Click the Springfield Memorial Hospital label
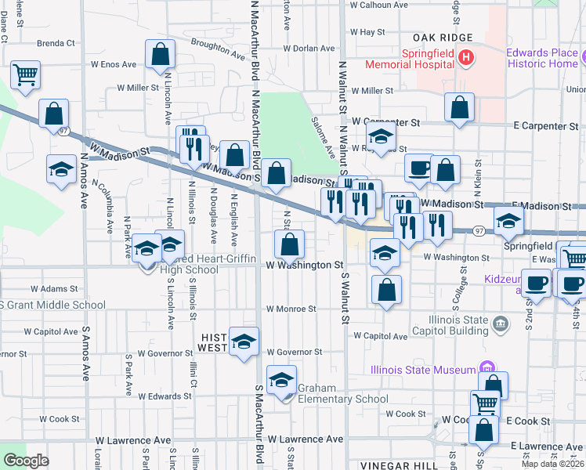pos(429,59)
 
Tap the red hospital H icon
pos(466,57)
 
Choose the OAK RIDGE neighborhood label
pos(443,38)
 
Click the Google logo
pos(26,461)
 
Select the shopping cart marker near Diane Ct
pos(26,75)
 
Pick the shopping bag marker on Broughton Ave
pos(160,55)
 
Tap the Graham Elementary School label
pos(338,399)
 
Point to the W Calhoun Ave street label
pos(379,5)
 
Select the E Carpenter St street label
pos(546,125)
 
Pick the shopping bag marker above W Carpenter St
pos(459,107)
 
